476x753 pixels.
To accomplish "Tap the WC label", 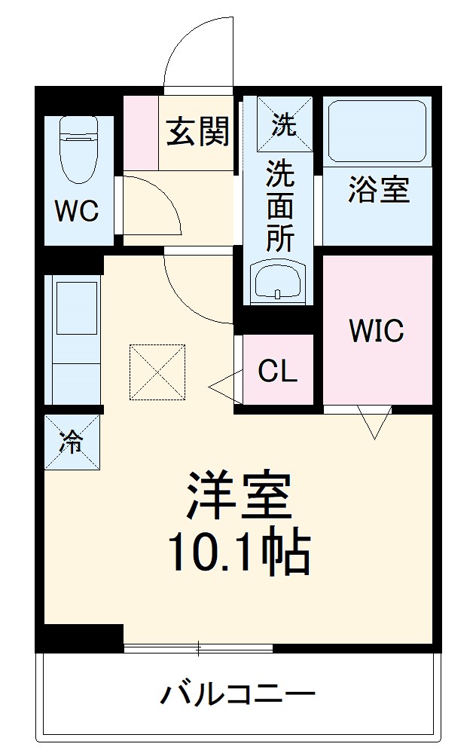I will coord(76,212).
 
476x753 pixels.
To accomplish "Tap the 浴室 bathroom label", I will coord(378,190).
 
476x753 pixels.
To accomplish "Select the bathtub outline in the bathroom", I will coord(377,131).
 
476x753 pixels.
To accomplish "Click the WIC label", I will coord(376,330).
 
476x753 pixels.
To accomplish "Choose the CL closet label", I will coord(276,370).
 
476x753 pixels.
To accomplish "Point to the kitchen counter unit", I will coord(72,339).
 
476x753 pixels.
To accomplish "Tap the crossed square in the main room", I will coord(157,372).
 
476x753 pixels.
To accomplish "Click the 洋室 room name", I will coord(238,497).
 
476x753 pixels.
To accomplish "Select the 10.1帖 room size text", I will coord(238,554).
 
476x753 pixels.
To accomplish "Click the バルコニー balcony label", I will coord(236,693).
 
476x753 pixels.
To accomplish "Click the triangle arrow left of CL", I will coord(223,389).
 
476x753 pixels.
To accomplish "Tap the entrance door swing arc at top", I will coord(197,49).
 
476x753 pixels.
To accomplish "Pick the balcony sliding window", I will coord(198,647).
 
